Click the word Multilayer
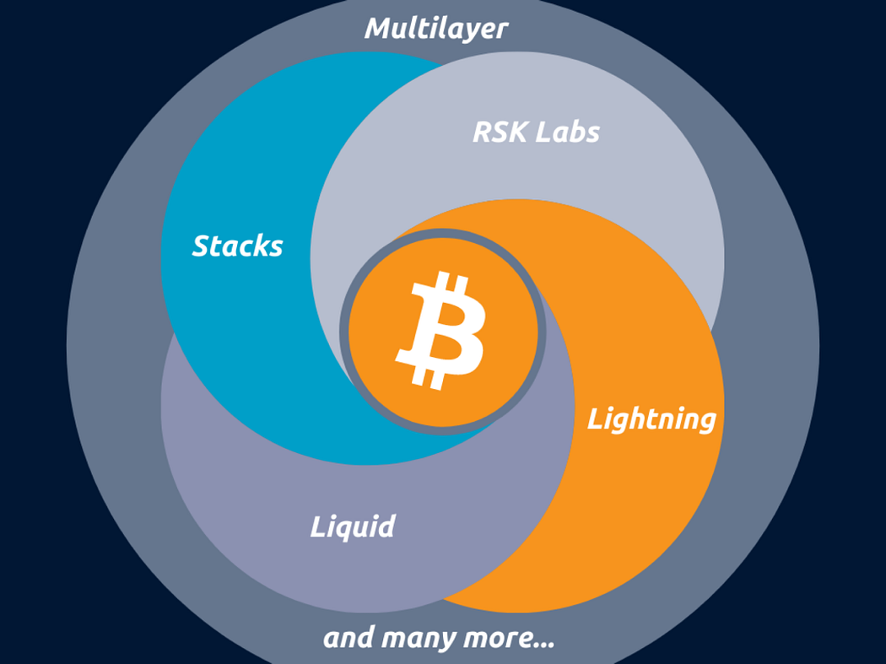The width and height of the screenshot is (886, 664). pyautogui.click(x=436, y=29)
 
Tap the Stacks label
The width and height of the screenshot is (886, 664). pyautogui.click(x=237, y=246)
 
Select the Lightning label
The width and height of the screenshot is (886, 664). pyautogui.click(x=651, y=418)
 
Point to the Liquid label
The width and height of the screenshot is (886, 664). pyautogui.click(x=353, y=527)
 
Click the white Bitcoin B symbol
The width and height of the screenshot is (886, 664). pyautogui.click(x=440, y=330)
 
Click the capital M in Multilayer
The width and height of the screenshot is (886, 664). pyautogui.click(x=379, y=29)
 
